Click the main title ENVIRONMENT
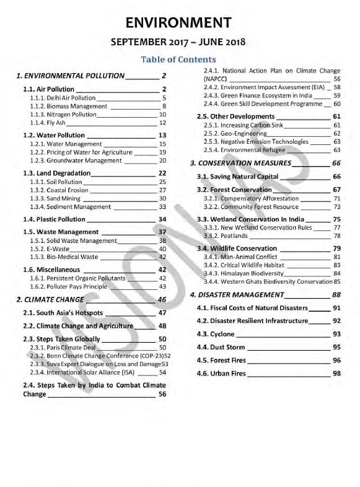179,24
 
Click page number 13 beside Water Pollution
163,135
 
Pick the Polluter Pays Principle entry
72,286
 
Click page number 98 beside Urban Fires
337,374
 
